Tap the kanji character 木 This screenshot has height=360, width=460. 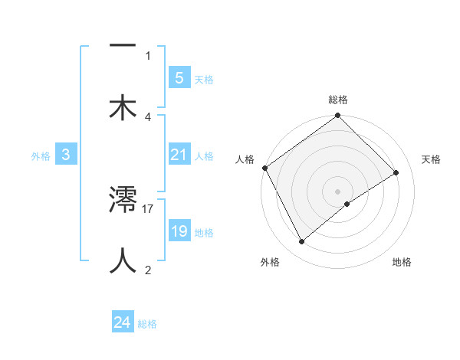pyautogui.click(x=123, y=107)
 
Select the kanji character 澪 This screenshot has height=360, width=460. pyautogui.click(x=123, y=201)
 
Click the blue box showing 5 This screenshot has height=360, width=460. pyautogui.click(x=179, y=77)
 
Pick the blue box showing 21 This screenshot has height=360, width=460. pyautogui.click(x=179, y=155)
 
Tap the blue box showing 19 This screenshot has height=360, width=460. pyautogui.click(x=179, y=231)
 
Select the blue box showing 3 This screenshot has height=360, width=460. pyautogui.click(x=66, y=155)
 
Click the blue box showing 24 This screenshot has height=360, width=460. pyautogui.click(x=123, y=322)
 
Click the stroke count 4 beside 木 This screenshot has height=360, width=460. pyautogui.click(x=148, y=116)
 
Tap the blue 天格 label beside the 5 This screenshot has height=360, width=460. pyautogui.click(x=204, y=79)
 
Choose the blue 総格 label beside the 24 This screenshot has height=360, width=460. pyautogui.click(x=147, y=324)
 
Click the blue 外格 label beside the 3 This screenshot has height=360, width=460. pyautogui.click(x=41, y=155)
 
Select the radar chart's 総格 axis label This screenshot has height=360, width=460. pyautogui.click(x=338, y=100)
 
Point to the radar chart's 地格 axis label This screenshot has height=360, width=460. pyautogui.click(x=402, y=262)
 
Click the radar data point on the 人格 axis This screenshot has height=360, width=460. pyautogui.click(x=264, y=168)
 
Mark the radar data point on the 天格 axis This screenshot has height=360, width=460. pyautogui.click(x=396, y=173)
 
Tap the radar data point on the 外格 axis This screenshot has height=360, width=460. pyautogui.click(x=302, y=242)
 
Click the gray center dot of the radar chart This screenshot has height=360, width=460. pyautogui.click(x=338, y=191)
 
